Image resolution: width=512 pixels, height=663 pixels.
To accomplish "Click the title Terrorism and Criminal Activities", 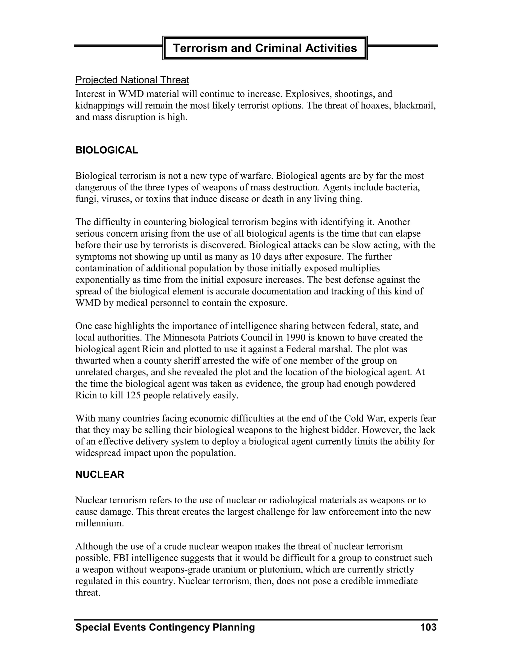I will tap(265, 48).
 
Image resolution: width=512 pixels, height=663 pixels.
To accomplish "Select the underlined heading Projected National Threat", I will tap(132, 80).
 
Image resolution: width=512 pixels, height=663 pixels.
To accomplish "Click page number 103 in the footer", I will tap(428, 627).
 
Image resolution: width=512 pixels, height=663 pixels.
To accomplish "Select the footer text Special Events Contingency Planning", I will tap(165, 627).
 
